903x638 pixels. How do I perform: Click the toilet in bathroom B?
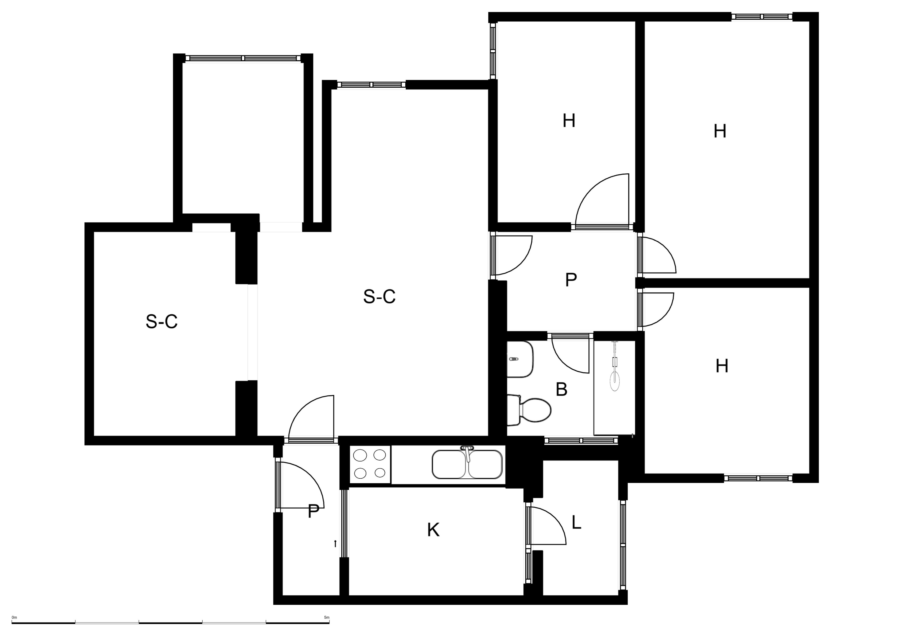[x=529, y=410]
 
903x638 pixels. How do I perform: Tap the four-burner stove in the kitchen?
[x=370, y=464]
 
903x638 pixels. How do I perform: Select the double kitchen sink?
[x=467, y=464]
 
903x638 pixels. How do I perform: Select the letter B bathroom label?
[x=561, y=390]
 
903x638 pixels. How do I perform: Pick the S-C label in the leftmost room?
[x=162, y=321]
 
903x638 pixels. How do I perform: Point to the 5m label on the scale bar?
[x=326, y=618]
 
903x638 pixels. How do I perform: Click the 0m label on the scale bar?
[x=15, y=618]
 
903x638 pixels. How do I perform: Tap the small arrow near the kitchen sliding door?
[x=335, y=544]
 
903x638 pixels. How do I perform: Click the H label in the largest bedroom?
[x=720, y=131]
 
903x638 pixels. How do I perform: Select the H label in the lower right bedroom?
[x=722, y=366]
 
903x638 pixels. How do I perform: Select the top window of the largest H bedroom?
[x=762, y=16]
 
